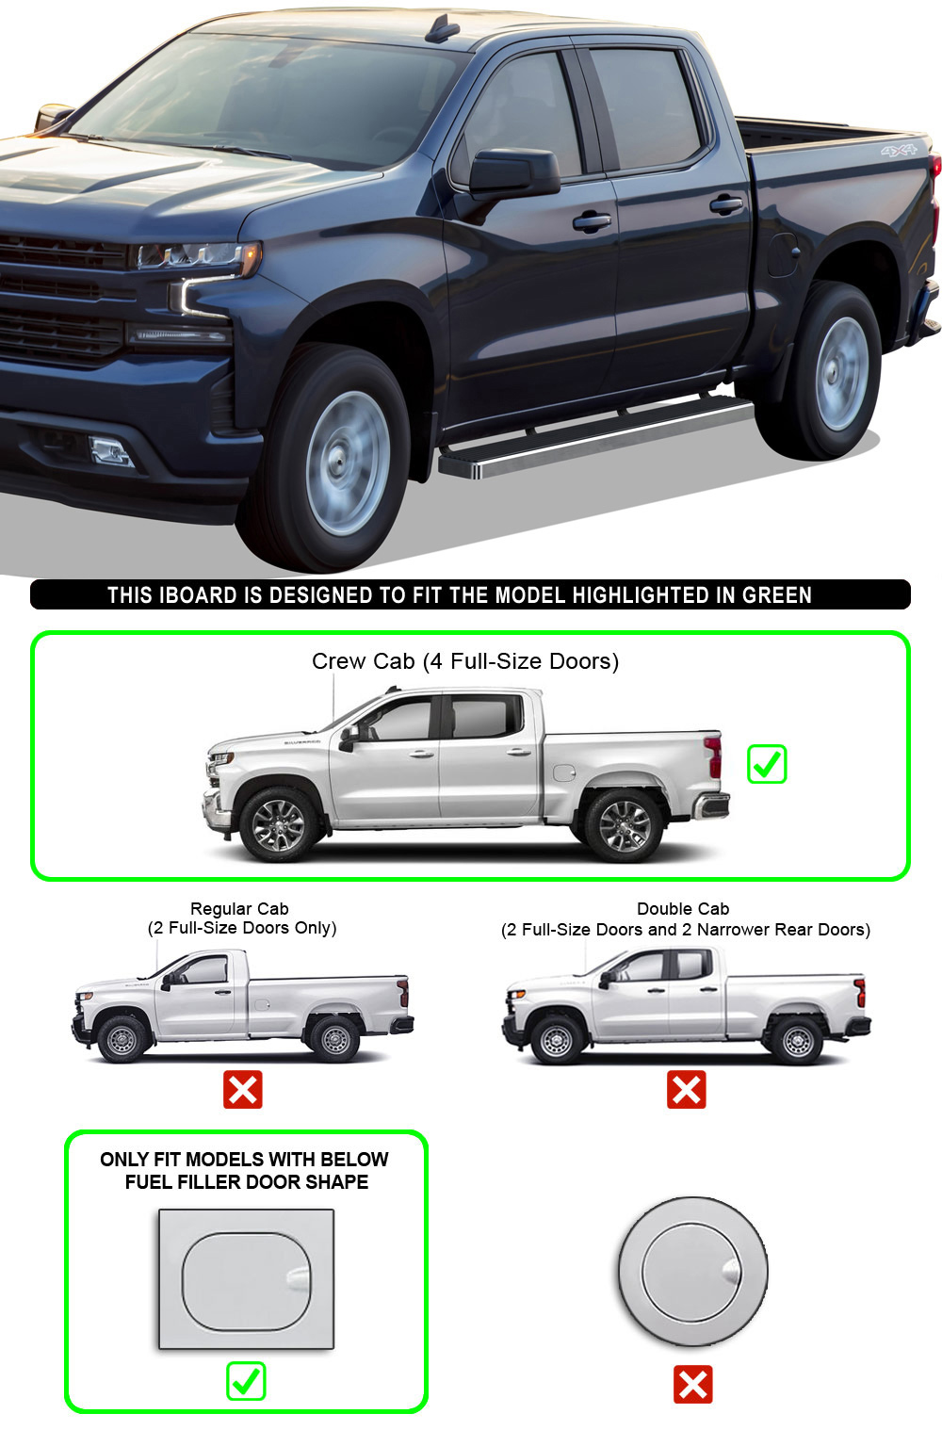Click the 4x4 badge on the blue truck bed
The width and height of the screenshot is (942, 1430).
(x=899, y=151)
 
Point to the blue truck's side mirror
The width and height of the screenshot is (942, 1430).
(x=514, y=171)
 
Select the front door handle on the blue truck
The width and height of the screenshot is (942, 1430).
(x=592, y=221)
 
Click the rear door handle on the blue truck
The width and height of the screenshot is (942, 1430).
(x=726, y=205)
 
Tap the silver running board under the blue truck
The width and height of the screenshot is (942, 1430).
(x=594, y=437)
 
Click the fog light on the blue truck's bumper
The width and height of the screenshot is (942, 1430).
(x=111, y=450)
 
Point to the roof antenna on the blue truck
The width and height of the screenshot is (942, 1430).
(x=443, y=28)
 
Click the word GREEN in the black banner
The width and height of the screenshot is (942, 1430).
(x=776, y=595)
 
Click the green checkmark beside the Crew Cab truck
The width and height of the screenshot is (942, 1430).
(x=767, y=764)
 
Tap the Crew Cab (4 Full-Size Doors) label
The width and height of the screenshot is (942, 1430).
(x=465, y=661)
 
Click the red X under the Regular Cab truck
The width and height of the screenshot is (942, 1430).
(x=242, y=1089)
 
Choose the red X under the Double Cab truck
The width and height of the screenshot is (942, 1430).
(x=686, y=1089)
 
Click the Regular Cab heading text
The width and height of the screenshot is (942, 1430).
(x=239, y=908)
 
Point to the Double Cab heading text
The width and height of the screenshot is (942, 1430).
(x=683, y=908)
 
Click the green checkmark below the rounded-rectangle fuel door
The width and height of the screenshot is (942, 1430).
(x=246, y=1381)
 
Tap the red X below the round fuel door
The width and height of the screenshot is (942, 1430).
(x=692, y=1385)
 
